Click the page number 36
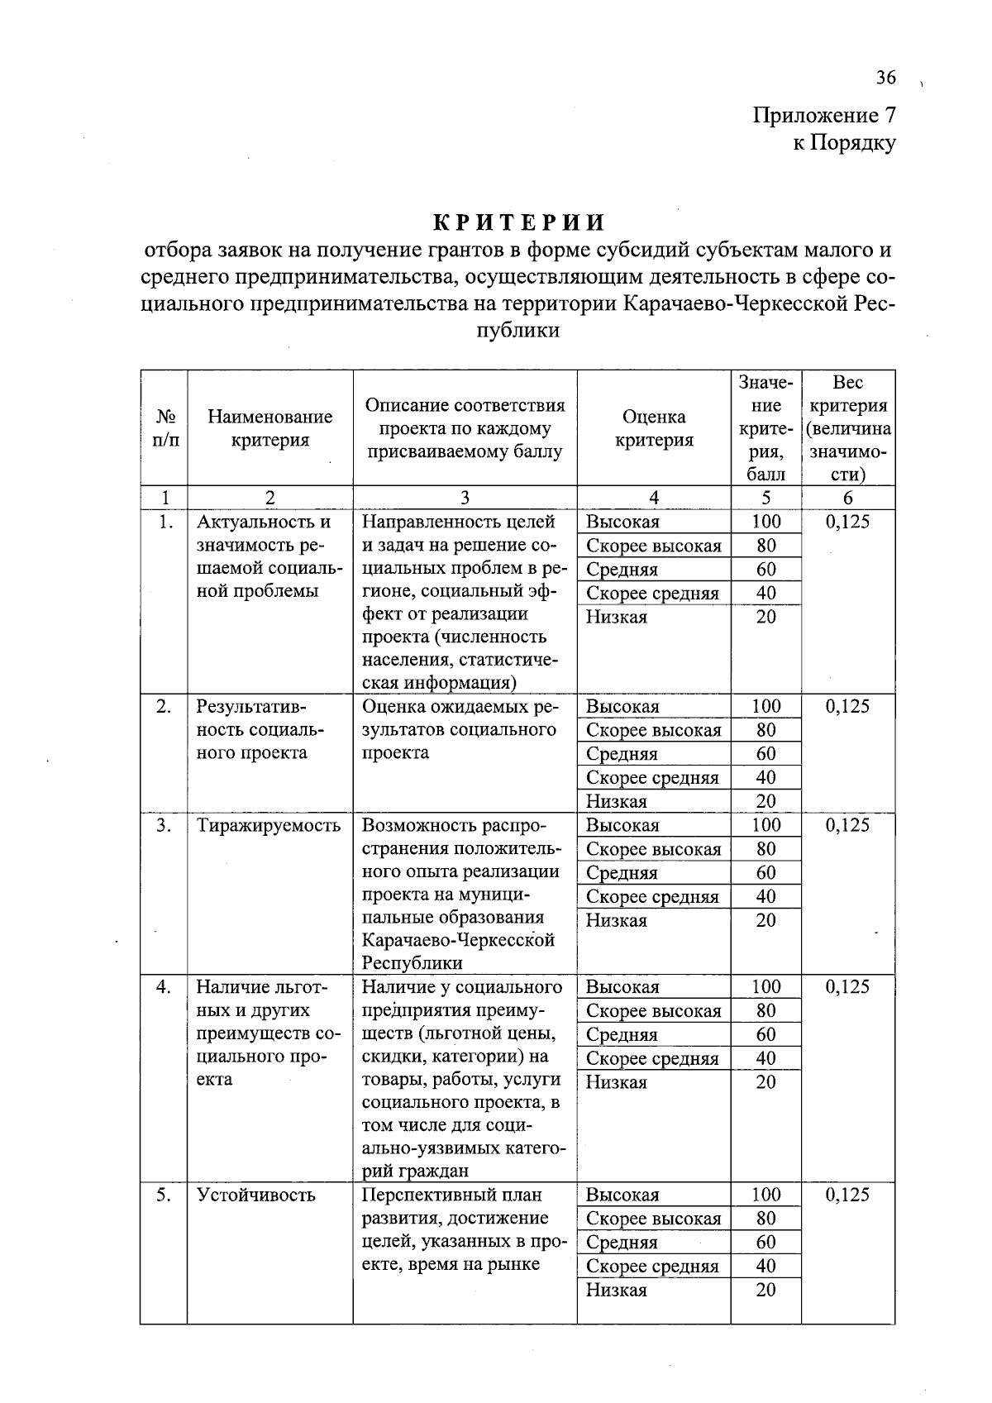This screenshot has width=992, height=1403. point(885,78)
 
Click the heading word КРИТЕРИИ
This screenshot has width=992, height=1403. point(519,223)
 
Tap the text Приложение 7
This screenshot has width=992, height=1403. point(823,115)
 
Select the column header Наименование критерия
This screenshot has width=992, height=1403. point(269,428)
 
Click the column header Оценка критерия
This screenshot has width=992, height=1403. point(653,428)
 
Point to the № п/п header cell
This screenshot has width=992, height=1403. point(165,428)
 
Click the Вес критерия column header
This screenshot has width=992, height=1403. point(847,427)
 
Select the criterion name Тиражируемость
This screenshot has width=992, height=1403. point(269,825)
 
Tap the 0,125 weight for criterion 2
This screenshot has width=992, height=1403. point(847,706)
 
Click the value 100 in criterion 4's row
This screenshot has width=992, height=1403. point(765,986)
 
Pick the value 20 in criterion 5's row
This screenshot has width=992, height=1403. point(765,1290)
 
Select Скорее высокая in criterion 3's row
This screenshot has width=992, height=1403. point(653,849)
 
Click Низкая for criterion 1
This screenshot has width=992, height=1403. point(617,617)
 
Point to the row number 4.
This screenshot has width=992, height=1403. point(164,986)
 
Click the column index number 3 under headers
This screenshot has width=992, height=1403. point(465,498)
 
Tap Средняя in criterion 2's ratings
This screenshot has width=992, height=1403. point(622,754)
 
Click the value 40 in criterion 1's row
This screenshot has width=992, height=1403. point(765,593)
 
